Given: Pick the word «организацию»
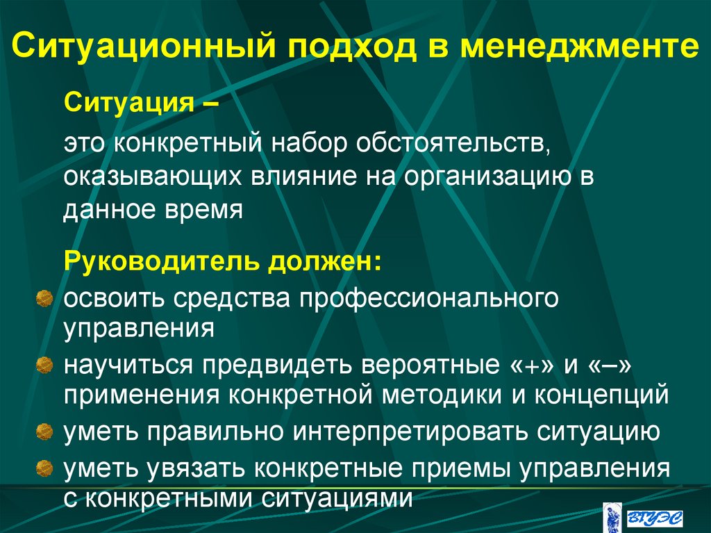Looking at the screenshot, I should tap(481, 175).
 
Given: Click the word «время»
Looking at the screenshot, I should tap(208, 208).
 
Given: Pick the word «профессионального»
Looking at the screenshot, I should tap(420, 297).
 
